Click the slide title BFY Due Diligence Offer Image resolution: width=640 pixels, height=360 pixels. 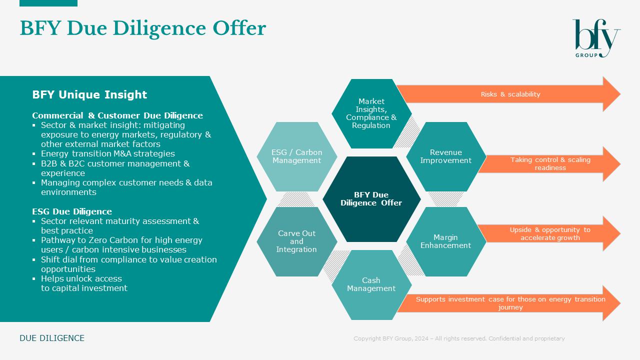[142, 28]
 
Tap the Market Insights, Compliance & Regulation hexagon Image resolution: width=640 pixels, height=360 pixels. [371, 113]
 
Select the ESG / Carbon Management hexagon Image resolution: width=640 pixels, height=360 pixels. [296, 156]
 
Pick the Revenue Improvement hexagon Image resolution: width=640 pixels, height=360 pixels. [445, 156]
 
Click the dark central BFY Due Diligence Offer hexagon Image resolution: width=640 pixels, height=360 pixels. [371, 199]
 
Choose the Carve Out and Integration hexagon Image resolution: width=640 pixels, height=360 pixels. [296, 241]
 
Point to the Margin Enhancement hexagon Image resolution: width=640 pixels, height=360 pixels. [445, 241]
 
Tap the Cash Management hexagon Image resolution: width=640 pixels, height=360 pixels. [371, 284]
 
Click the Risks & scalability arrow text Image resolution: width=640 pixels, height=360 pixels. [510, 94]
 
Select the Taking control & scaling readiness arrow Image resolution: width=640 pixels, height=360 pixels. [550, 164]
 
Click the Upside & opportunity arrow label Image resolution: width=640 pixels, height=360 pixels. [550, 233]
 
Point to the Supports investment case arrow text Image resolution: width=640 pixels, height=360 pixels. [510, 303]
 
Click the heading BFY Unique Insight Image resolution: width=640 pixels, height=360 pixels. [89, 94]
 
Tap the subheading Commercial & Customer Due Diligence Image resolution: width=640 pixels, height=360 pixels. [117, 115]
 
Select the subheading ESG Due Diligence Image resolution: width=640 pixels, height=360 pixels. [72, 211]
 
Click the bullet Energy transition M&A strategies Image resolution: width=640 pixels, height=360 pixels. [108, 153]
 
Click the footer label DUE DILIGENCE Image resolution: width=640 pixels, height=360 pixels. [52, 338]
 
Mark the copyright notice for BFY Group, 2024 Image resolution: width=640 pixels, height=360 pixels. [459, 338]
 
